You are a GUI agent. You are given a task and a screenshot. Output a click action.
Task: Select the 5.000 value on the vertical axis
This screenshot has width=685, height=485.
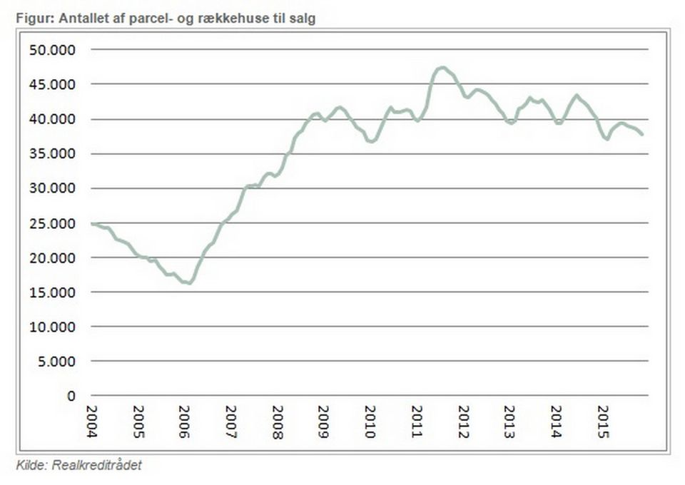[57, 362]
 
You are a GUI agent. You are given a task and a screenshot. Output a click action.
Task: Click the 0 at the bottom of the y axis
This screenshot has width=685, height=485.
[70, 396]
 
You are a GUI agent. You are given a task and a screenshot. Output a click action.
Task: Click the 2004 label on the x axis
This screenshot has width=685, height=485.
[92, 421]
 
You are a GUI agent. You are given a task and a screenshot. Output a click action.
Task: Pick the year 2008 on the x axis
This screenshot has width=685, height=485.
[278, 421]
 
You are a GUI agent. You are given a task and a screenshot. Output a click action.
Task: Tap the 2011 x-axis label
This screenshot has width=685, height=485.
[417, 421]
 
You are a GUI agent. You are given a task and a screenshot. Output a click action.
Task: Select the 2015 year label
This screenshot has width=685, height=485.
[602, 421]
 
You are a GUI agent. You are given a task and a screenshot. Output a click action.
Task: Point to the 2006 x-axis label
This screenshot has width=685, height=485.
[185, 421]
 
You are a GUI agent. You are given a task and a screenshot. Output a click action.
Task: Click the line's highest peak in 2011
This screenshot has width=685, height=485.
[442, 68]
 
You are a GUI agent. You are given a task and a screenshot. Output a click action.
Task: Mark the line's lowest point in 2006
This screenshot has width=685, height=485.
[190, 283]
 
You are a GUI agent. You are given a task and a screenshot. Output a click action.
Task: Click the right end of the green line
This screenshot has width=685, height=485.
[642, 134]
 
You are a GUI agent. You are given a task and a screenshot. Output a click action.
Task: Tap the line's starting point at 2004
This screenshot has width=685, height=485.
[93, 224]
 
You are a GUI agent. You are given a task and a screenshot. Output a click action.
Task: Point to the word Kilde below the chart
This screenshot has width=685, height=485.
[29, 465]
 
